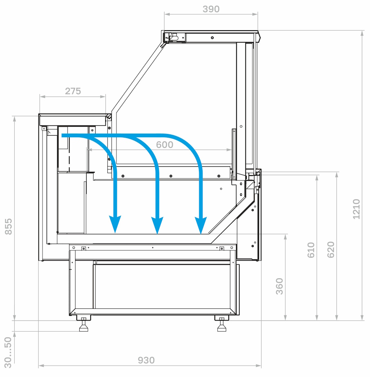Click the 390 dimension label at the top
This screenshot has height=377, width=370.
coord(211,9)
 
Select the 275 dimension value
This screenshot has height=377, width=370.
coord(73,91)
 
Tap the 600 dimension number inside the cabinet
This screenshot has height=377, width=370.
coord(165,145)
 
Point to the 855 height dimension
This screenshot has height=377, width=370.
coord(9,226)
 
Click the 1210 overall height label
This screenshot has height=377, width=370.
coord(356,209)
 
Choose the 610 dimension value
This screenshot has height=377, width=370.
coord(311,250)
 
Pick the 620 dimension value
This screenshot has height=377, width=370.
coord(331,250)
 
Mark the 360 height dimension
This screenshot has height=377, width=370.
coord(279,286)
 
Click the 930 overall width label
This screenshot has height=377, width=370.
coord(146,360)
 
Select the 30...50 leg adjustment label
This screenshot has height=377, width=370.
coord(8,352)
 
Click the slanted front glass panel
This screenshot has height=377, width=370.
coord(138,77)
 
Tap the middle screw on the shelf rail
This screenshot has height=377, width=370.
coord(171,176)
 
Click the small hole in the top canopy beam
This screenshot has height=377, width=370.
coord(212,38)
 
